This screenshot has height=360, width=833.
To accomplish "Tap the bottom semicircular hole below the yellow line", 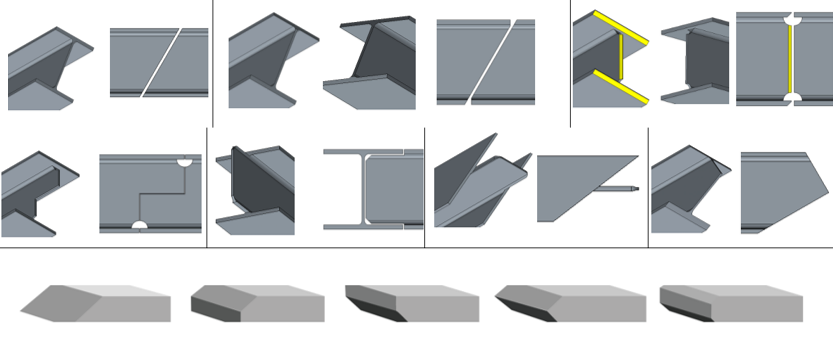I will tap(790, 98).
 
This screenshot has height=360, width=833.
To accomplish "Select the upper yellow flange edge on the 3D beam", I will tap(622, 28).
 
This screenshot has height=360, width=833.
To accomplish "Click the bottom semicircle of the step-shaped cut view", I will tap(140, 225).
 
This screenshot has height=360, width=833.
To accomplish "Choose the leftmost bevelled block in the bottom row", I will tap(95, 303).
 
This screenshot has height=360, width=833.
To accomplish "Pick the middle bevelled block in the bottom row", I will tap(411, 303).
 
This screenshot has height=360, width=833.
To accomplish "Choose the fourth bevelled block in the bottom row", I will tap(570, 303).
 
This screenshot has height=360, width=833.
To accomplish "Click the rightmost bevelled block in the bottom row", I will tap(730, 303).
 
